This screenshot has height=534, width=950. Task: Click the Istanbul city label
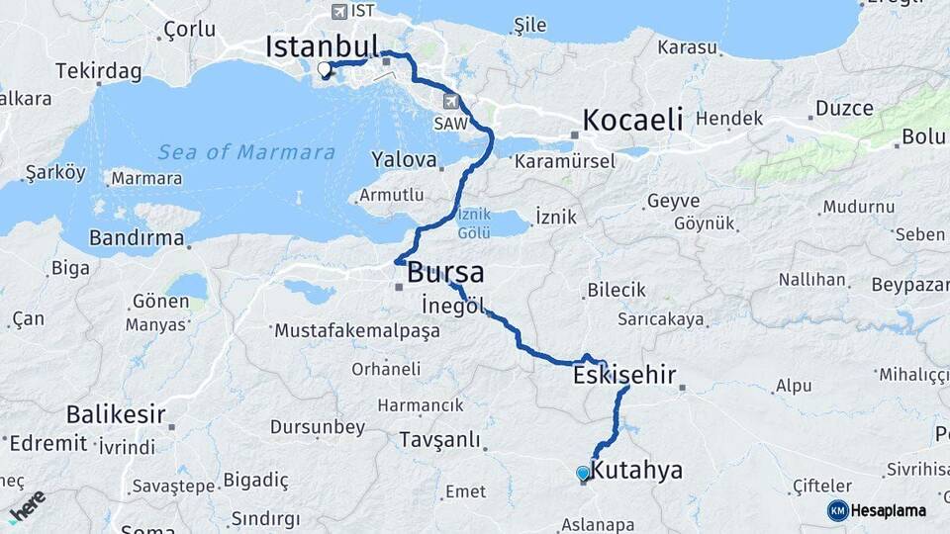[x=323, y=46]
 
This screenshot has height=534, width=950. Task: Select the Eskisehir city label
[x=624, y=376]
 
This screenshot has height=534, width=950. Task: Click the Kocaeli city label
[x=633, y=121]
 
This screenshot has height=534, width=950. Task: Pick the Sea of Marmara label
[x=246, y=152]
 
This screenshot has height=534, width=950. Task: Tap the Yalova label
[x=404, y=159]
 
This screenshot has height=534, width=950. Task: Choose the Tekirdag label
[x=99, y=71]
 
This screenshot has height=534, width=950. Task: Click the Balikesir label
[x=115, y=413]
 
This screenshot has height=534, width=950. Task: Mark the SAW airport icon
[x=451, y=100]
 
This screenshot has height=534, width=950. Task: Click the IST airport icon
[x=340, y=11]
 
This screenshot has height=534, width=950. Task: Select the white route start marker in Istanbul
[x=324, y=69]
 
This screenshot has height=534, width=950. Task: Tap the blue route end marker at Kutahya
[x=583, y=474]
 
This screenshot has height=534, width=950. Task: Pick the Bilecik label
[x=616, y=290]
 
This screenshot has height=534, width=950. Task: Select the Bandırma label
[x=137, y=237]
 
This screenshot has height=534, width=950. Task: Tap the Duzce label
[x=844, y=109]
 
